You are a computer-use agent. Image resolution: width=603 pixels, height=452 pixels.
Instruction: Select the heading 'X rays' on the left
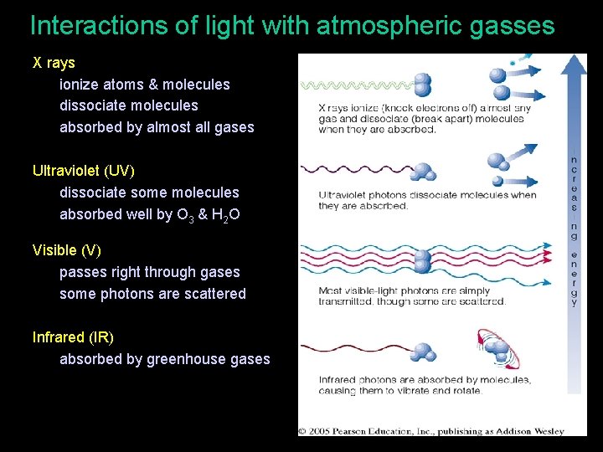tap(54, 63)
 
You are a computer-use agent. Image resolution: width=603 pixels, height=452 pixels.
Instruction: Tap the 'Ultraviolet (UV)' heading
tap(83, 171)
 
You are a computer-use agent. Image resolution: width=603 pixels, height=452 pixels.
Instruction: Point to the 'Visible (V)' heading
tap(66, 250)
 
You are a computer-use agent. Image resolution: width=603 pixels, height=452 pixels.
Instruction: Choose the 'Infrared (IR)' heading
tap(73, 337)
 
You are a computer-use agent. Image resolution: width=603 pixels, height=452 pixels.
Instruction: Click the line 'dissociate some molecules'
tap(149, 193)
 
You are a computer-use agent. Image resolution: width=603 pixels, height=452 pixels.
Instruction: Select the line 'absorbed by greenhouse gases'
tap(165, 359)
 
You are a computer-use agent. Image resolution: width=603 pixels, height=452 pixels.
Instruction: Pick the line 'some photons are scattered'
tap(152, 294)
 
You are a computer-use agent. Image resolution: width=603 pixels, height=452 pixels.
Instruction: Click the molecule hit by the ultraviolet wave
tap(424, 171)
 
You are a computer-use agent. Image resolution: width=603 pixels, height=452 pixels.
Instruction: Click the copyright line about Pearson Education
tap(432, 431)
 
